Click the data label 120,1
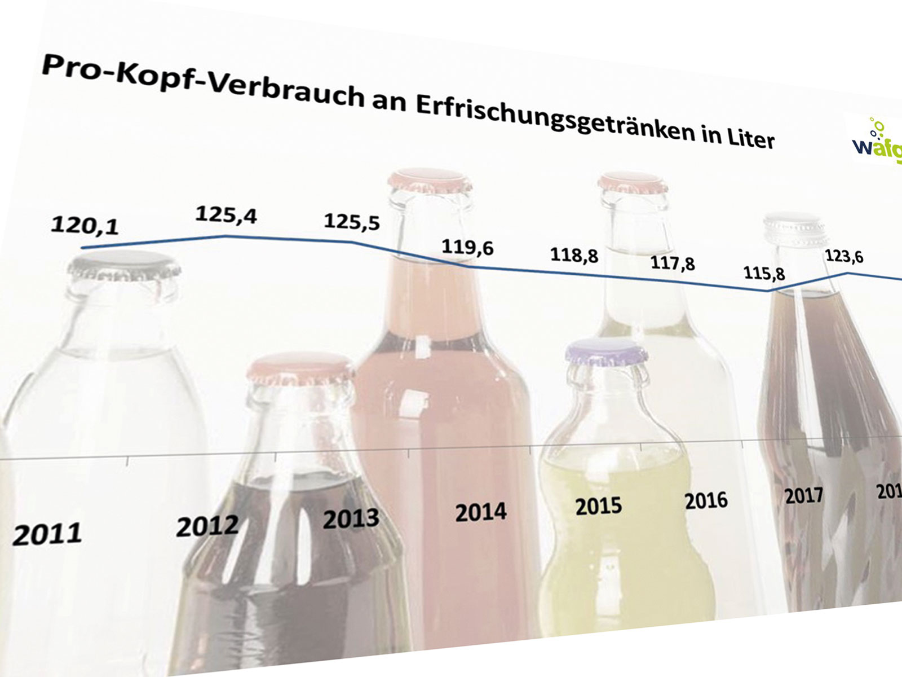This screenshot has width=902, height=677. pyautogui.click(x=85, y=225)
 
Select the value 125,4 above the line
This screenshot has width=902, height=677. pyautogui.click(x=226, y=215)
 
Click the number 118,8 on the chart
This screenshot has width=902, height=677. pyautogui.click(x=574, y=255)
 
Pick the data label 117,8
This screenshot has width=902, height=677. pyautogui.click(x=673, y=263)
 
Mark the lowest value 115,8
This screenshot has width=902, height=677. pyautogui.click(x=764, y=274)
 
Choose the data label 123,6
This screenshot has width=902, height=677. pyautogui.click(x=844, y=257)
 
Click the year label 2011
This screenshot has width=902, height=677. pyautogui.click(x=47, y=534)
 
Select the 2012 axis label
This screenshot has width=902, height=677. pyautogui.click(x=207, y=526)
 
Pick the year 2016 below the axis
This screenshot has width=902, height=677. pyautogui.click(x=706, y=500)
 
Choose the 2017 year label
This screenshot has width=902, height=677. pyautogui.click(x=803, y=496)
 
